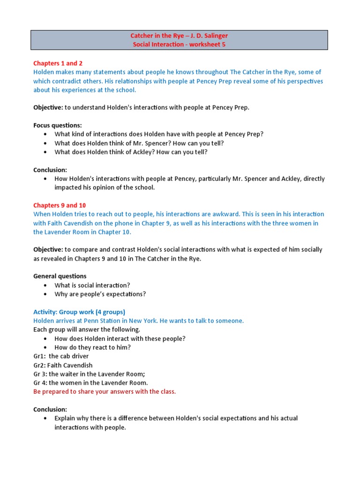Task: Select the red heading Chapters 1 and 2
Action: [x=58, y=63]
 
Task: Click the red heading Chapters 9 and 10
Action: [x=60, y=205]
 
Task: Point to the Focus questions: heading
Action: [x=58, y=125]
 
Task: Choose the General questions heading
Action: [x=60, y=276]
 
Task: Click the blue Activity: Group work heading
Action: [x=79, y=312]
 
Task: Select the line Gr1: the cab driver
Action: [x=61, y=356]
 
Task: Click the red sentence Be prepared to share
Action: [x=105, y=391]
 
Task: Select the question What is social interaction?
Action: [x=92, y=285]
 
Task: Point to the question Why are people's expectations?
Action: [x=100, y=294]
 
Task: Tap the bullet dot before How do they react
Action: [x=45, y=347]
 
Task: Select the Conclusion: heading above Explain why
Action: [x=50, y=409]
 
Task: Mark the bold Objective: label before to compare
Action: [x=48, y=250]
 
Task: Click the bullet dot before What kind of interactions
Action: [x=45, y=134]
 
